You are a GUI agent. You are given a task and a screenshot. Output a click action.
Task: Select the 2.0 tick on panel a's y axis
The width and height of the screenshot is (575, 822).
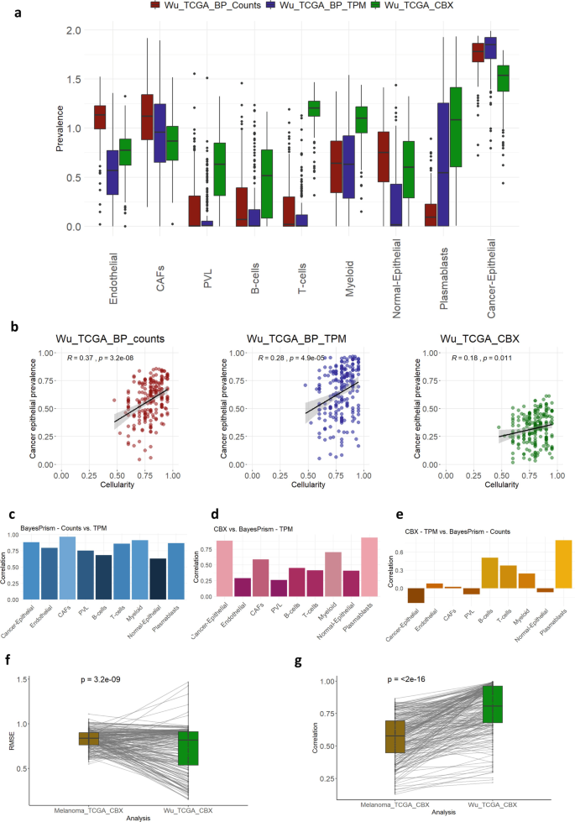pos(75,30)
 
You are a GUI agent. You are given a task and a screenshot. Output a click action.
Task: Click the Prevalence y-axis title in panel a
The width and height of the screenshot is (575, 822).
pos(60,128)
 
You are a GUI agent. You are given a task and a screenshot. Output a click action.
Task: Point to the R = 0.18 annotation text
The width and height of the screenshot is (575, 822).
pos(473,334)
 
